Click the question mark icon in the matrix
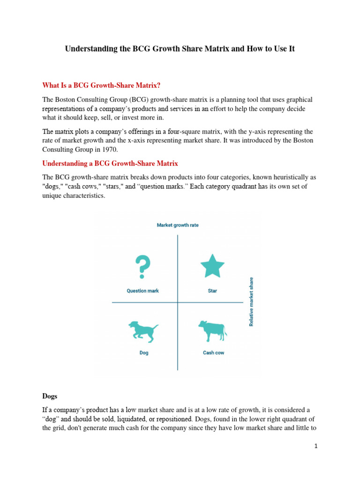click(142, 267)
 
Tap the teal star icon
click(212, 266)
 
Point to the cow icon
click(213, 331)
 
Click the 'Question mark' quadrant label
click(142, 291)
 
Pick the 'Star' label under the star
click(212, 291)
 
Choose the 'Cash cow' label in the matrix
click(213, 352)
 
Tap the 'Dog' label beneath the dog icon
click(144, 352)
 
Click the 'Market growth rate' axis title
click(177, 225)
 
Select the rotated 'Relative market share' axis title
click(251, 302)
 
